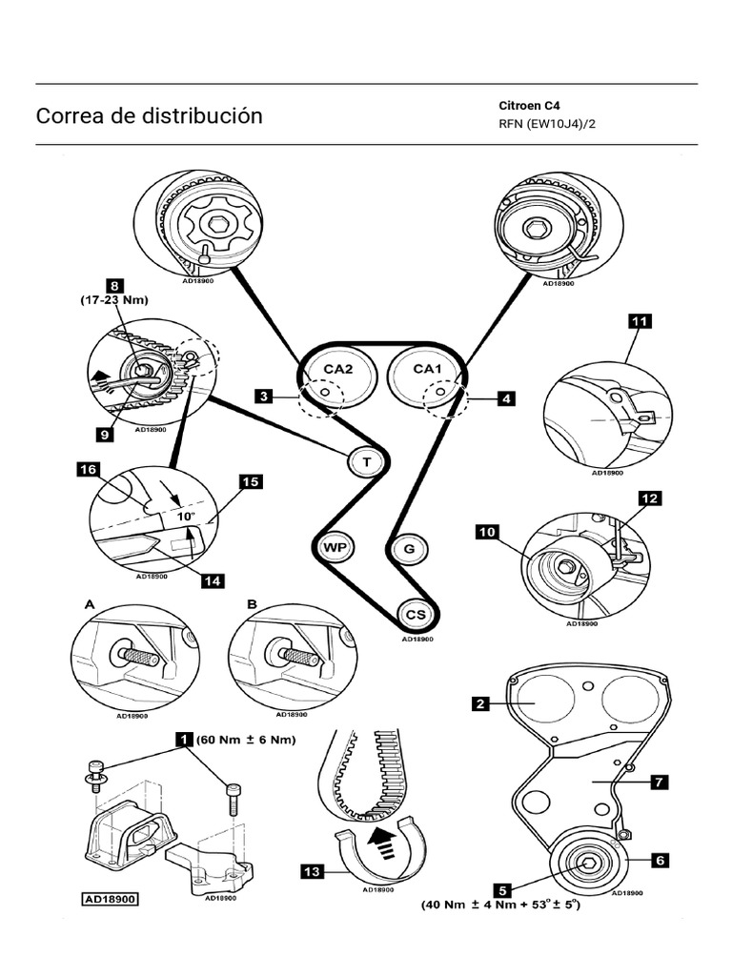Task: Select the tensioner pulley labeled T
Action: pos(364,461)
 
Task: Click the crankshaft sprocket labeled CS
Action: pos(416,614)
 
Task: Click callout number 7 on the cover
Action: pos(658,782)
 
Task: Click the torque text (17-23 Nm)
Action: pos(115,299)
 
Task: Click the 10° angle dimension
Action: pos(184,516)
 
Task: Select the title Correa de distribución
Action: pos(149,116)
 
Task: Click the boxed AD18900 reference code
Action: pos(111,898)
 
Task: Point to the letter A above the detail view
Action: pos(91,604)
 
